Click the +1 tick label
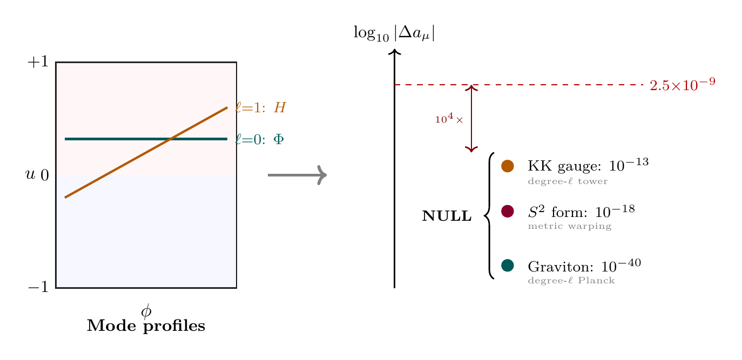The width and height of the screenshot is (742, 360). coord(38,63)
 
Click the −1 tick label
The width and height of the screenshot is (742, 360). coord(38,288)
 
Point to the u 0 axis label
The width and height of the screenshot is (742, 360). coord(37,175)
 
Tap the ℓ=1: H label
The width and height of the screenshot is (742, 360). coord(260,108)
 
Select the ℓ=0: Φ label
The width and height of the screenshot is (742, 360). coord(259,139)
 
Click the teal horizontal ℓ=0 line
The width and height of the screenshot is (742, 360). coord(108,139)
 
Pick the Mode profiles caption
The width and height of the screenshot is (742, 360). coord(146,326)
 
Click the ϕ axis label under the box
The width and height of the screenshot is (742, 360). coord(146,311)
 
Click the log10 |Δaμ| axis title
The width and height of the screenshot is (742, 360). coord(394,33)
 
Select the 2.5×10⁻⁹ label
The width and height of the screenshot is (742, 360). coord(683,85)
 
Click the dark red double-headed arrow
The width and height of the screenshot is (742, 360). coord(472,118)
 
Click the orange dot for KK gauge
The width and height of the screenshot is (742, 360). coord(507,166)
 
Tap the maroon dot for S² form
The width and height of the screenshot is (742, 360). coord(507,211)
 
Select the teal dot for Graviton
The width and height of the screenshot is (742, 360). coord(507,266)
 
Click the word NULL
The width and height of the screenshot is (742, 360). coord(447,217)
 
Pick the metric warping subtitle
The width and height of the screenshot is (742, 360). coord(569,227)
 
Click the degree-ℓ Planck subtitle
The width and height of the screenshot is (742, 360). coord(571,281)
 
